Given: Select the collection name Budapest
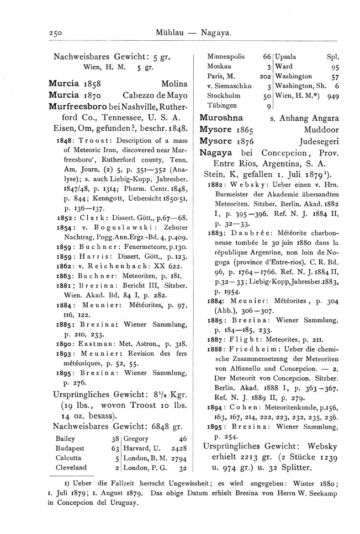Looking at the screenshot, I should (69, 432).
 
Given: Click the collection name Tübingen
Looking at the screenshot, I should (221, 106).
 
